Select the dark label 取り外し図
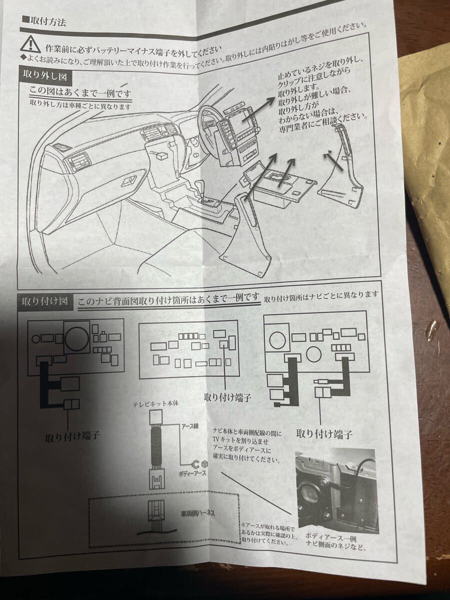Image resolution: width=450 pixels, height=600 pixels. coord(45,75)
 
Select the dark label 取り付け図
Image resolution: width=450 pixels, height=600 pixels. coord(45,301)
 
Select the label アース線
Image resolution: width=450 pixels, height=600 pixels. coord(189,426)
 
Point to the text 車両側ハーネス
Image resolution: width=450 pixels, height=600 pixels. coord(198,513)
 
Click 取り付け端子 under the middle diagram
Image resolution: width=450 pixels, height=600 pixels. coord(227,397)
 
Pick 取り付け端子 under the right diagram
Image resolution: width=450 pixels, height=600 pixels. coord(324,433)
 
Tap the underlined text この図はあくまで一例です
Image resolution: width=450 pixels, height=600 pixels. coord(80,92)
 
